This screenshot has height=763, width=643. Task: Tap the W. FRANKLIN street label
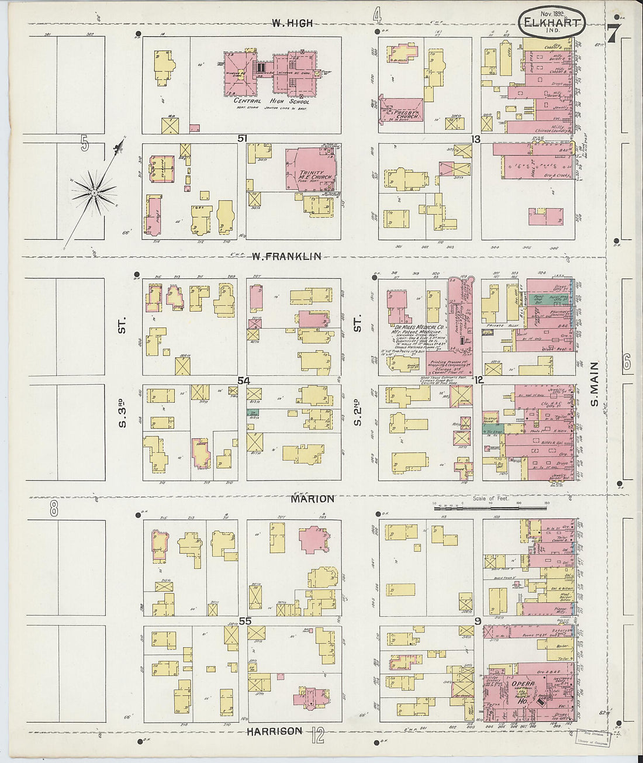coord(288,256)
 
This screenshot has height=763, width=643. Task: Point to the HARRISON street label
coord(274,731)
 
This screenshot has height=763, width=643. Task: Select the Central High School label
coord(272,101)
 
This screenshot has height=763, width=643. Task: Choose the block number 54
coord(243,381)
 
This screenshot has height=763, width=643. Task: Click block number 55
coord(244,621)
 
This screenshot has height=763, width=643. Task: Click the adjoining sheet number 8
coord(53,509)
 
